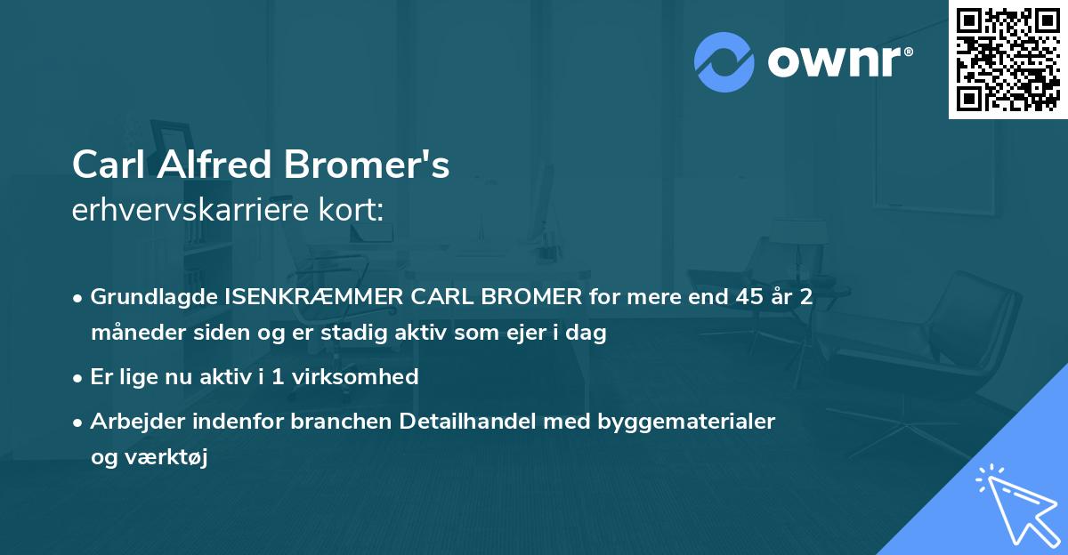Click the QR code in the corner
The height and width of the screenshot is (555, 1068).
tap(1007, 59)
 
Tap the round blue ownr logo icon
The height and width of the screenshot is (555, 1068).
tap(724, 62)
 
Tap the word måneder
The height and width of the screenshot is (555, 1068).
tap(133, 334)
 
